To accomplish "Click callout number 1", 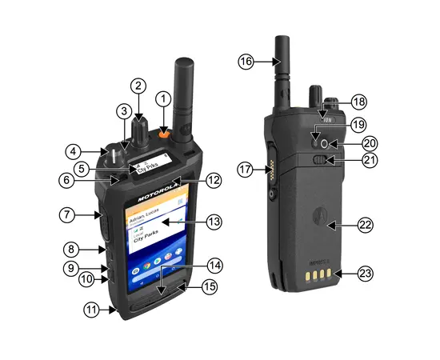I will point(164,99).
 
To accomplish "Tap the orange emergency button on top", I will point(163,134).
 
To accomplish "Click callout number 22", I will point(365,226).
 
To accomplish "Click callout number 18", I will point(359,102).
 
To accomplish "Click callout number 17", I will point(245,169).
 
